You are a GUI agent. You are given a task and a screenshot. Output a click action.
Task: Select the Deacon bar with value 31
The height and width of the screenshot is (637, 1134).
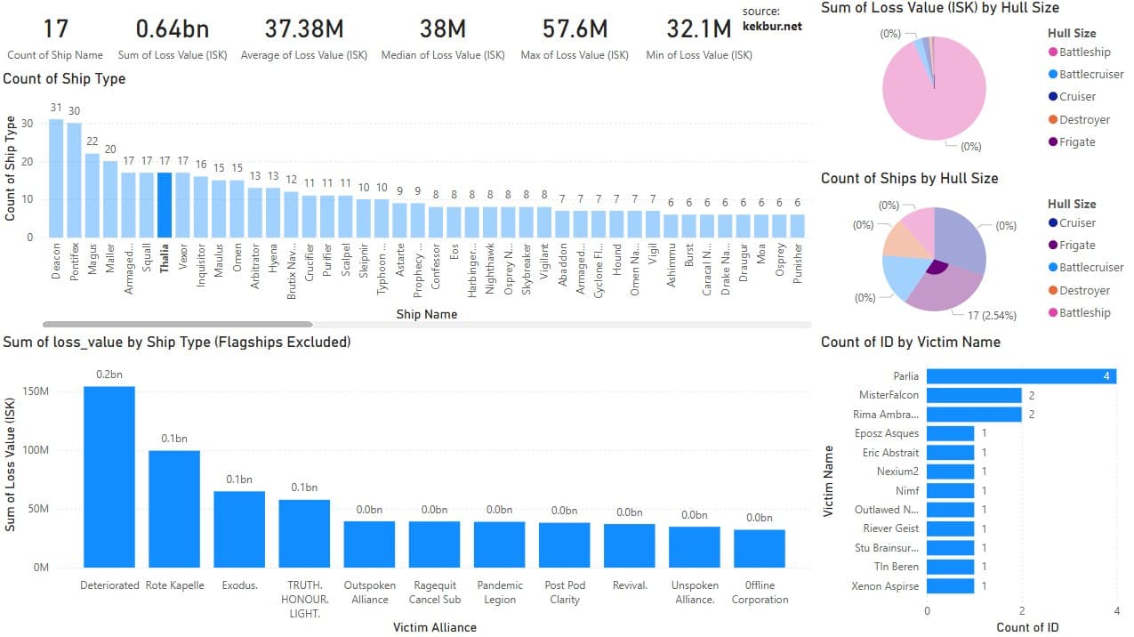[56, 178]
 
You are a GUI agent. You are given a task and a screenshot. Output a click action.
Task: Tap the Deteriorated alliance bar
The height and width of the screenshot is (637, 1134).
[109, 476]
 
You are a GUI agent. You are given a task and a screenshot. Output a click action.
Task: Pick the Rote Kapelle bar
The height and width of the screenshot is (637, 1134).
[174, 508]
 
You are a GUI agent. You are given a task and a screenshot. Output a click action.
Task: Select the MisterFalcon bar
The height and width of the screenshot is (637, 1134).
[974, 395]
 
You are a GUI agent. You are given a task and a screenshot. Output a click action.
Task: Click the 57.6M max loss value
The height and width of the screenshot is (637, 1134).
[575, 29]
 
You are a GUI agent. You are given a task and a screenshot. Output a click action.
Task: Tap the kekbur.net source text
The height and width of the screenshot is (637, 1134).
[771, 26]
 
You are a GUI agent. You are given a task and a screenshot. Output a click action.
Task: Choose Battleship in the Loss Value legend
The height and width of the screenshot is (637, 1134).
[1084, 52]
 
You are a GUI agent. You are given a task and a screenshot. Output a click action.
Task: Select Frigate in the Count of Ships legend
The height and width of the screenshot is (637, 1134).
[1076, 246]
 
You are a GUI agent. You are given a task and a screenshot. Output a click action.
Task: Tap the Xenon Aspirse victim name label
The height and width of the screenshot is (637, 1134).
[885, 586]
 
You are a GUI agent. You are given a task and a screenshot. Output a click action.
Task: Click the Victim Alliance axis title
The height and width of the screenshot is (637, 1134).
[434, 627]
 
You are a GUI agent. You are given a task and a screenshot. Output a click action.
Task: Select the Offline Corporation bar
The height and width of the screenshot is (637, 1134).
[760, 548]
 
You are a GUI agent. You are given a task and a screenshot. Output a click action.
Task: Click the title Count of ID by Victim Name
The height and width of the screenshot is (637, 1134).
[910, 342]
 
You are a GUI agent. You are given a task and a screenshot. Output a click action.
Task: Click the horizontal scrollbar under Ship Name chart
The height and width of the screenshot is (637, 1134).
[178, 325]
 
